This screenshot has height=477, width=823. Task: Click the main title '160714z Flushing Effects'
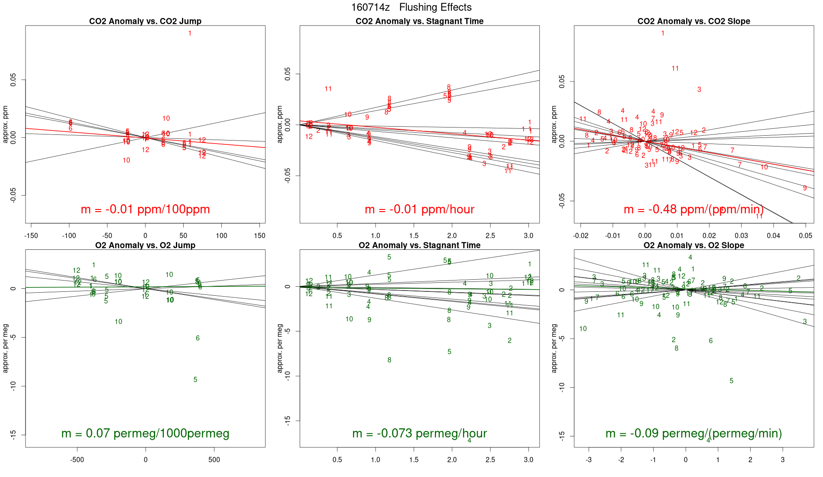pos(411,7)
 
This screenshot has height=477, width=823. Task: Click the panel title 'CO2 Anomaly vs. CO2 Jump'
pos(145,21)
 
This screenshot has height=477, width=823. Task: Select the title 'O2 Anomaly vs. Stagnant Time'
pos(419,245)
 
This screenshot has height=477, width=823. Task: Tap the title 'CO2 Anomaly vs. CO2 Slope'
pos(693,21)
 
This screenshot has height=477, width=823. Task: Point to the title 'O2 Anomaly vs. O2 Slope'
pos(693,245)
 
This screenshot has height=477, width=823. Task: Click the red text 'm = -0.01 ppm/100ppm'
pos(145,209)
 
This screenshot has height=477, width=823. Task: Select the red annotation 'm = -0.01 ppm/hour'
pos(419,209)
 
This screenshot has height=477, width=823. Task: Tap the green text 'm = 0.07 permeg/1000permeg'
pos(145,434)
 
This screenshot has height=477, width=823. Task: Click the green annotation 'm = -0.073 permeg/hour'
pos(419,434)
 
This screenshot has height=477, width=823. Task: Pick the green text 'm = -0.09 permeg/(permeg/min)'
pos(693,434)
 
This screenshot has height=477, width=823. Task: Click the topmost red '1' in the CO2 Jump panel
pos(190,33)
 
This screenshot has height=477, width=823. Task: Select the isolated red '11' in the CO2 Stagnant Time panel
pos(328,89)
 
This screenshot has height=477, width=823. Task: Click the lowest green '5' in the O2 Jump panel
pos(195,380)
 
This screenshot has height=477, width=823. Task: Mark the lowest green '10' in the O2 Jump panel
pos(118,322)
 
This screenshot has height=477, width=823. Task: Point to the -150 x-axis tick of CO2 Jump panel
pos(31,236)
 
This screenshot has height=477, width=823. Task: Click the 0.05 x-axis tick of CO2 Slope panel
pos(805,236)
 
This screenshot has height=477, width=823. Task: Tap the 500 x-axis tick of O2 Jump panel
pos(214,460)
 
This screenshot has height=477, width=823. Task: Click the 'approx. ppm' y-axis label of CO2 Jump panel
pos(6,124)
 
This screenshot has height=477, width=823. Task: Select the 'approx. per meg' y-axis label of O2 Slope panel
pos(554,349)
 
